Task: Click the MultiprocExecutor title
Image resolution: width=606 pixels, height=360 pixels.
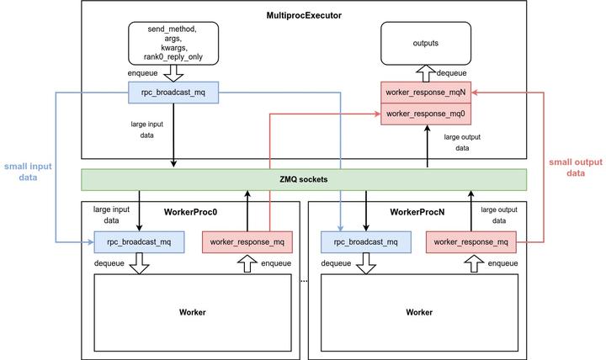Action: click(303, 16)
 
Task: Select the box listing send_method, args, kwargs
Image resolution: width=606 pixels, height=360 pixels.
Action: click(173, 42)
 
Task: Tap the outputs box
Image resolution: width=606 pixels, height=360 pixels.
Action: click(426, 42)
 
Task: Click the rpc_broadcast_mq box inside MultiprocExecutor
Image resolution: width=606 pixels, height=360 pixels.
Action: click(173, 93)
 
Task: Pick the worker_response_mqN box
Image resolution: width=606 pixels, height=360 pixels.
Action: click(426, 93)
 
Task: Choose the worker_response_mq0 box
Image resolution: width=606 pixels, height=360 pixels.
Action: click(426, 114)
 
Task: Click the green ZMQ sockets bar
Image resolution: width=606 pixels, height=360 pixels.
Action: click(303, 179)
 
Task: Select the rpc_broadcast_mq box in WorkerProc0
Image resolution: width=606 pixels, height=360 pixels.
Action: click(139, 242)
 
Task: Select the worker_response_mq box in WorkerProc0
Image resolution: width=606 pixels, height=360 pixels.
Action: click(247, 242)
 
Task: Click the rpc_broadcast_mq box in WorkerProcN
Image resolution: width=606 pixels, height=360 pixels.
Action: click(366, 242)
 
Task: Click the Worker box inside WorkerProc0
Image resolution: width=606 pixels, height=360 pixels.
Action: click(192, 312)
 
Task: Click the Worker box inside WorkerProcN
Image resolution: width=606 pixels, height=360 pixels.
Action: click(419, 312)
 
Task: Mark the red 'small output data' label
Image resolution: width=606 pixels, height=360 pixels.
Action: click(575, 167)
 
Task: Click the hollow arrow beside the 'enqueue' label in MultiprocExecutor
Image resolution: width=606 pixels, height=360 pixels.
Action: click(173, 74)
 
